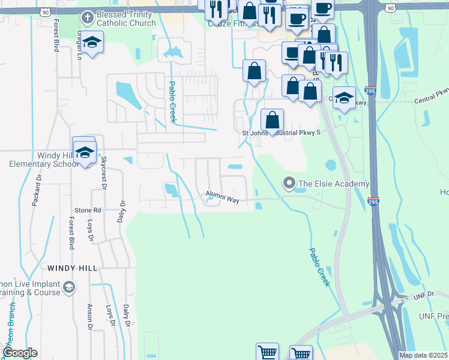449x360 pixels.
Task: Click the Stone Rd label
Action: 88,211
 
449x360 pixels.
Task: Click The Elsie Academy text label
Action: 333,184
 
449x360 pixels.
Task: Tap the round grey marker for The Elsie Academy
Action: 289,183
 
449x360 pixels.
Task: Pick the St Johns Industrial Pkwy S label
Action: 282,133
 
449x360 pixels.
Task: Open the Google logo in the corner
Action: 20,353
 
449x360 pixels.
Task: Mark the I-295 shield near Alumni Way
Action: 373,202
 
